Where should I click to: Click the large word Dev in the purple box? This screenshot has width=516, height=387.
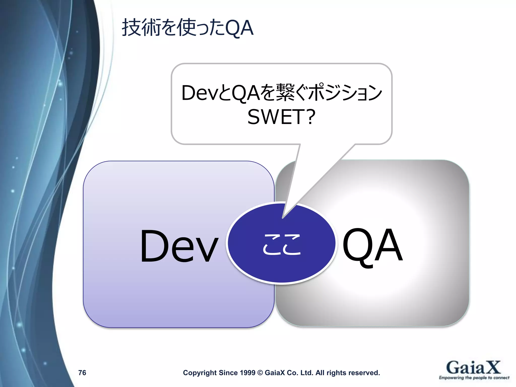point(179,246)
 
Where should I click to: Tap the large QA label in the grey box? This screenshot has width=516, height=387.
point(372,246)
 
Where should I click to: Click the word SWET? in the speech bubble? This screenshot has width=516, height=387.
point(281,117)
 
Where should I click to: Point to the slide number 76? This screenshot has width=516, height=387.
point(82,373)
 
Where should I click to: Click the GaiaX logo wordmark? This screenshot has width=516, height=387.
point(473,368)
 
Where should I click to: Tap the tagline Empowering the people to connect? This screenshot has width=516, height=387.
point(474,378)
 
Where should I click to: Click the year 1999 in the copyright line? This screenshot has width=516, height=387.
point(247,373)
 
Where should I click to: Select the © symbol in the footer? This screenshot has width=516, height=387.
point(260,373)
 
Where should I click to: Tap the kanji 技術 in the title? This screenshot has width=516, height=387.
point(141,28)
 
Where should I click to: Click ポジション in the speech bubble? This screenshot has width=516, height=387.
point(345,93)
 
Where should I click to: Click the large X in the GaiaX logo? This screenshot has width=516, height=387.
point(492,367)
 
